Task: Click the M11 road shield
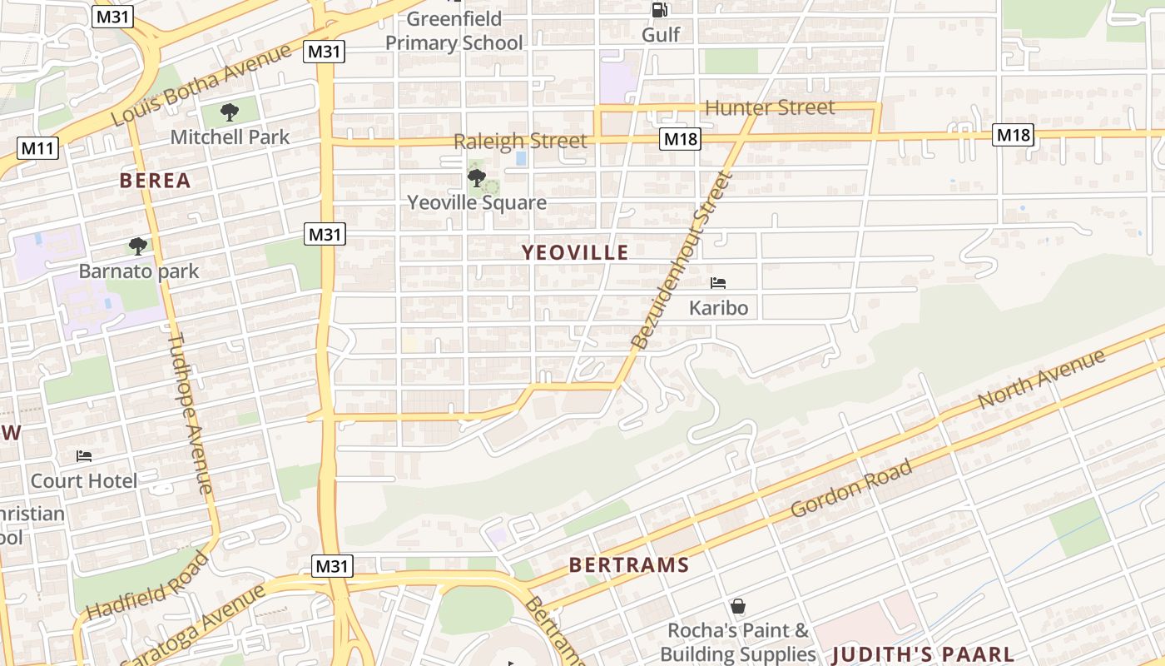tap(37, 149)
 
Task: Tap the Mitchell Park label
tap(230, 137)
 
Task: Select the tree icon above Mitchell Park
tap(230, 112)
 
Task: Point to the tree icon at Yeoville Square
tap(477, 177)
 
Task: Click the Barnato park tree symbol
tap(138, 246)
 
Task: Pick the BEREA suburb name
tap(155, 181)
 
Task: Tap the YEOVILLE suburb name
tap(575, 253)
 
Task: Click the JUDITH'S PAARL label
tap(923, 654)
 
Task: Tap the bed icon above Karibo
tap(718, 284)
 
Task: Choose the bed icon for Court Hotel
tap(84, 456)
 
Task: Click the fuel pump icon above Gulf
tap(660, 10)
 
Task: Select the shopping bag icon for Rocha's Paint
tap(737, 606)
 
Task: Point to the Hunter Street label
tap(769, 108)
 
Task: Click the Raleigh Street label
tap(520, 142)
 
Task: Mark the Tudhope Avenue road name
tap(191, 413)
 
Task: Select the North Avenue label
tap(1041, 380)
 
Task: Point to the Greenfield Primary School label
tap(454, 31)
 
